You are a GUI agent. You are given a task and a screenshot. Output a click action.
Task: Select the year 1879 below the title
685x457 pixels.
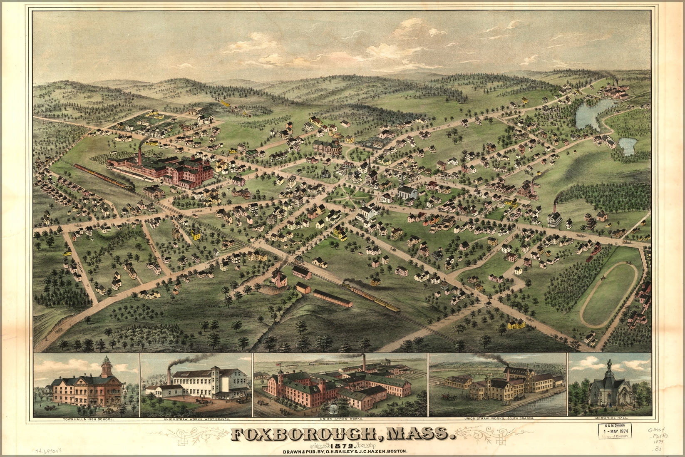pyautogui.click(x=343, y=445)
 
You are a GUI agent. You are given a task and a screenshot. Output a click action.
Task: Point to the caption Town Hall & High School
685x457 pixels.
pyautogui.click(x=86, y=419)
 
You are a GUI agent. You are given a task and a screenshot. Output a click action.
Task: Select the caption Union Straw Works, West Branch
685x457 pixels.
pyautogui.click(x=196, y=419)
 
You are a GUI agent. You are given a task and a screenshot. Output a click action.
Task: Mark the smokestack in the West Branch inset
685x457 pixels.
pyautogui.click(x=169, y=375)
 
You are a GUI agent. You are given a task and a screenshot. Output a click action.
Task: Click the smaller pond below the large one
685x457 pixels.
pyautogui.click(x=628, y=145)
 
